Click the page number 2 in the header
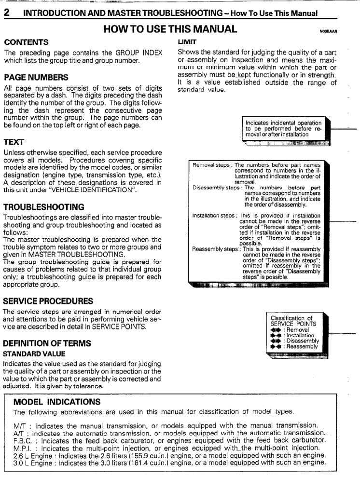pyautogui.click(x=7, y=13)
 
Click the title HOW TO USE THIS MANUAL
pyautogui.click(x=170, y=29)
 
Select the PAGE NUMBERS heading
pyautogui.click(x=36, y=77)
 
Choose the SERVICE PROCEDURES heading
pyautogui.click(x=48, y=301)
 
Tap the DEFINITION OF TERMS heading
pyautogui.click(x=46, y=343)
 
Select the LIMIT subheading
pyautogui.click(x=186, y=42)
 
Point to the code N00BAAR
pyautogui.click(x=328, y=32)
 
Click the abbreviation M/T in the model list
pyautogui.click(x=19, y=425)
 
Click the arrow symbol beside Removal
pyautogui.click(x=277, y=330)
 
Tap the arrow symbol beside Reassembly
pyautogui.click(x=277, y=347)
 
